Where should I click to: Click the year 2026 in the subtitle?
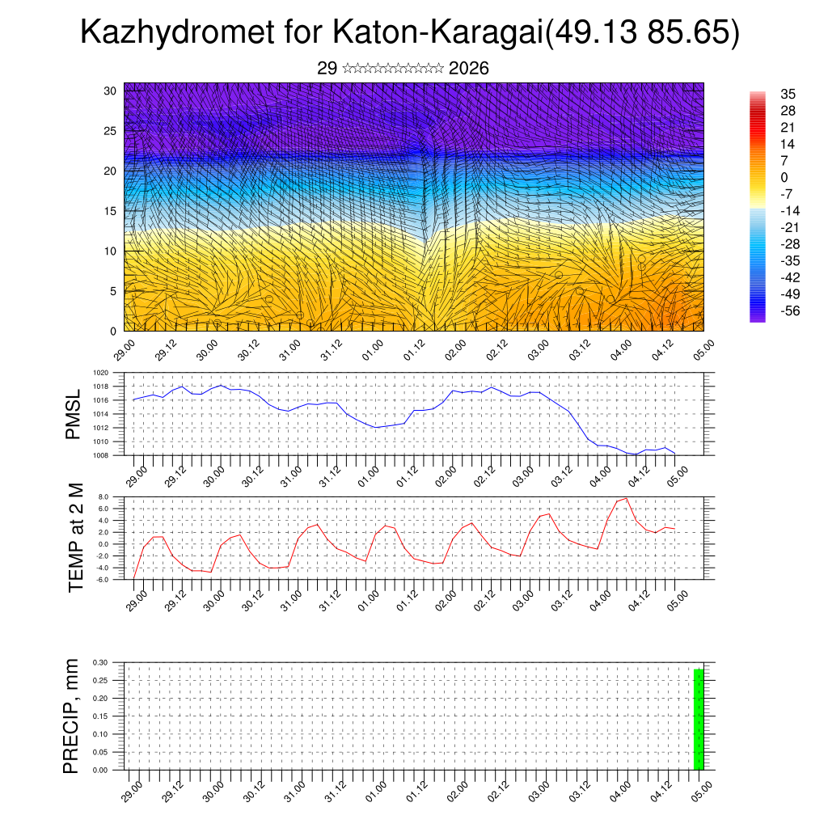click(468, 69)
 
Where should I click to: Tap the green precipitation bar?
click(699, 719)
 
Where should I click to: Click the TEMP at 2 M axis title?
click(76, 537)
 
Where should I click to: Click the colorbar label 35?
click(788, 94)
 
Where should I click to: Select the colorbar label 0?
click(784, 177)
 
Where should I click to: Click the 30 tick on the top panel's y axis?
click(110, 91)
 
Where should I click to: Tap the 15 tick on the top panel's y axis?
click(110, 211)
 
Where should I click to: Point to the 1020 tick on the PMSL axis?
click(101, 374)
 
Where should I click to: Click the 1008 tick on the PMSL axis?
click(101, 454)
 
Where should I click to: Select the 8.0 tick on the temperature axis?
click(103, 497)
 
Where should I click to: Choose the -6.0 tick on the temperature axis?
click(102, 580)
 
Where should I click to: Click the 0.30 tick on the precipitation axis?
click(100, 662)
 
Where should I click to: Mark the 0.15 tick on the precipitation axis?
click(100, 716)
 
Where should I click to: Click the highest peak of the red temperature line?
click(626, 498)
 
